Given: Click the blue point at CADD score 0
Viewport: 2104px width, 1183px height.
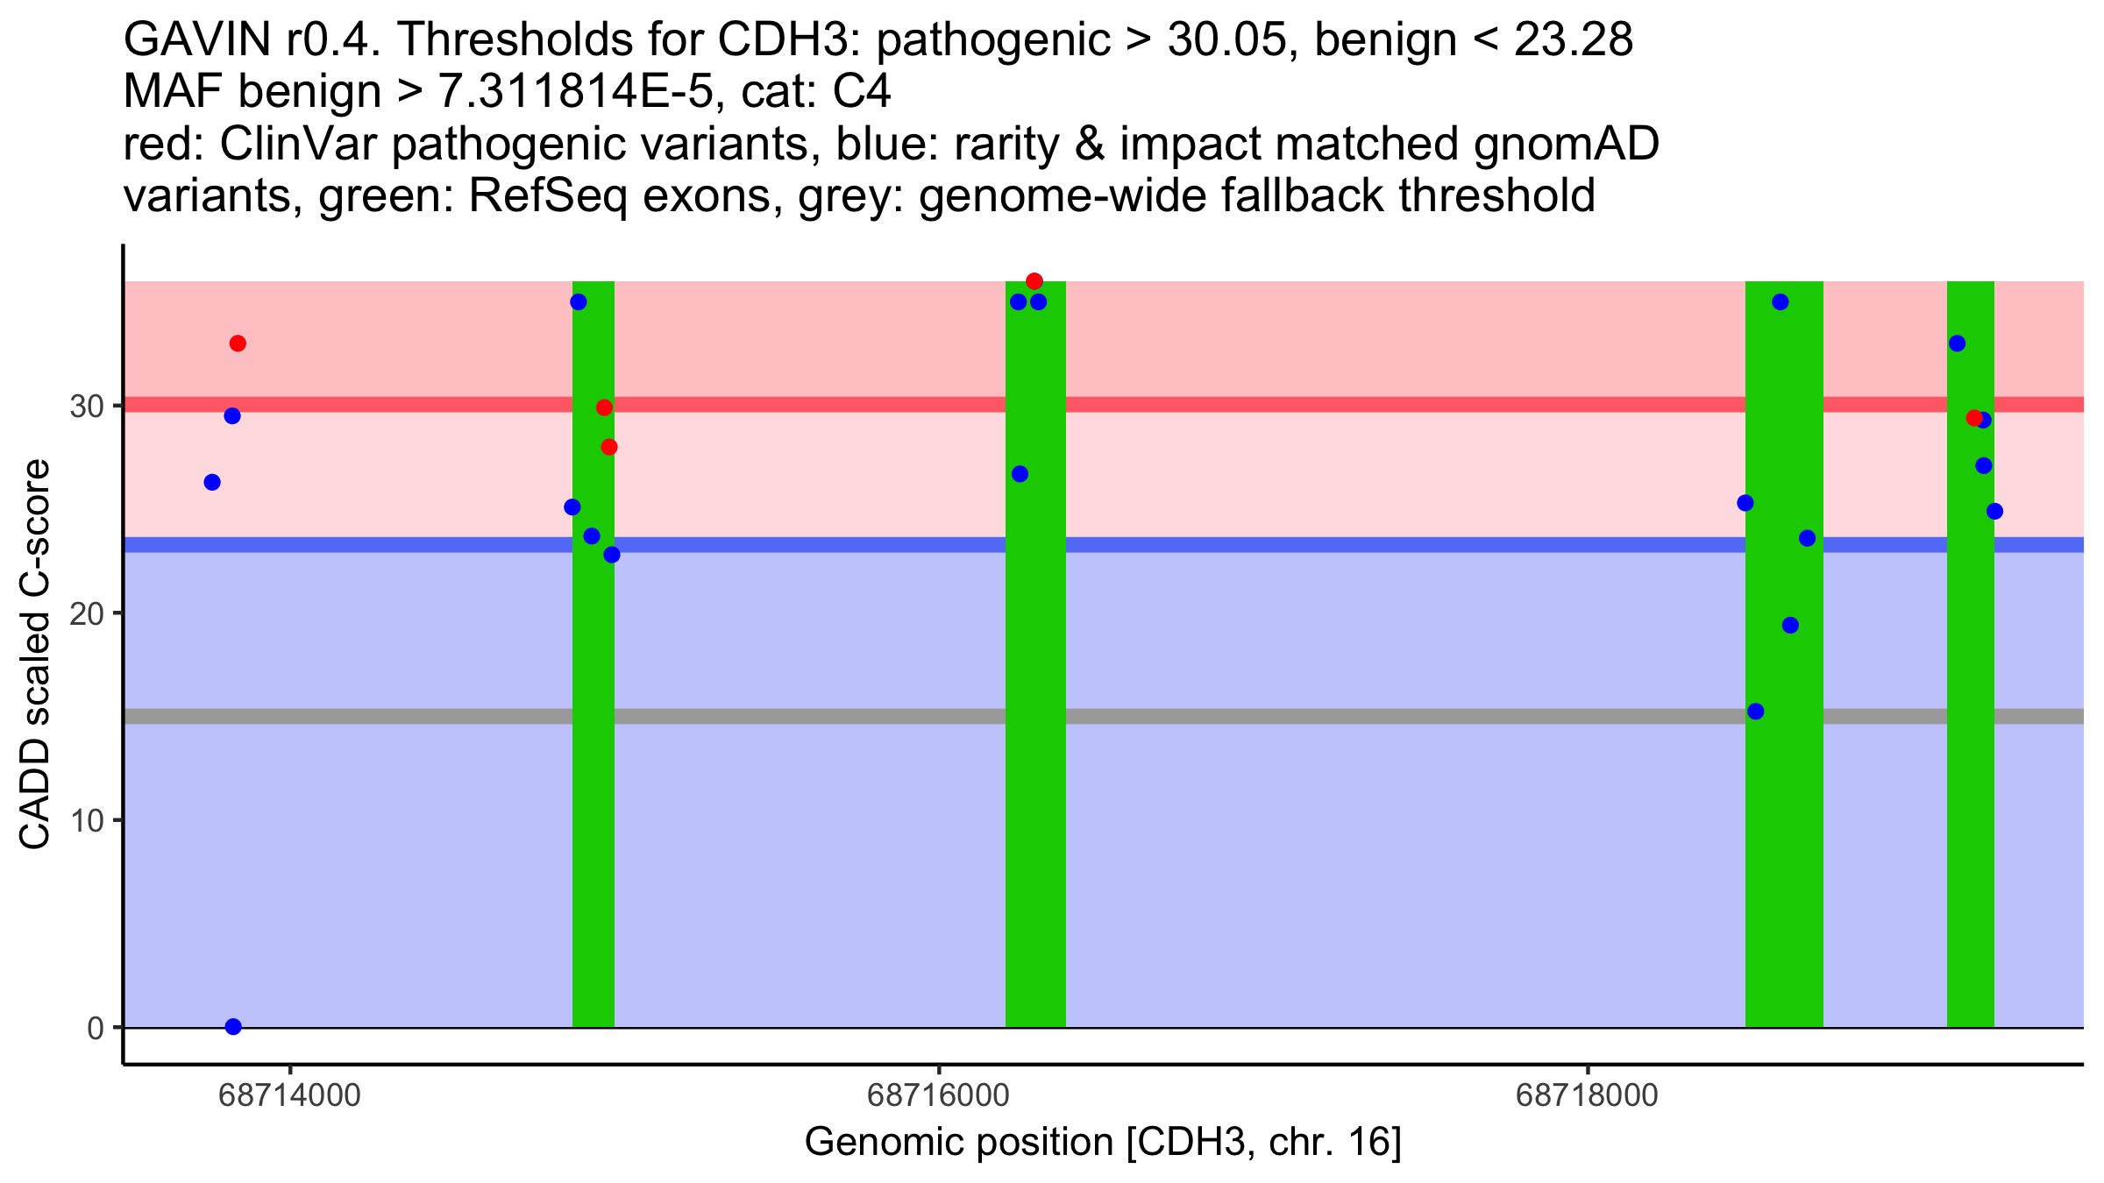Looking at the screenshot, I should tap(233, 1026).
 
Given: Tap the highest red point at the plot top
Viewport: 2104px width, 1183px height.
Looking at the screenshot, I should tap(1034, 281).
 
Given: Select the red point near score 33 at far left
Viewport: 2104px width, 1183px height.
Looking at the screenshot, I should tap(238, 344).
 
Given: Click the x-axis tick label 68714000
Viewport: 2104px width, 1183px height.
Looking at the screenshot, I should tap(289, 1095).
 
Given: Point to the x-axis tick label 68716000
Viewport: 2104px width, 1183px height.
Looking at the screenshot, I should tap(938, 1095).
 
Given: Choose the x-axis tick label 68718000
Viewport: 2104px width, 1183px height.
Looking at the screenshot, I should tap(1587, 1095).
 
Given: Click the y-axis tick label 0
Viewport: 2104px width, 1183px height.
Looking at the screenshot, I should tap(96, 1028).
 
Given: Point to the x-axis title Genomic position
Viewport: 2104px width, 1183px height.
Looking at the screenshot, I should tap(1103, 1142).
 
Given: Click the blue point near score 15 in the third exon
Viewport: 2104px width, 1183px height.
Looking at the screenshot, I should tap(1755, 712).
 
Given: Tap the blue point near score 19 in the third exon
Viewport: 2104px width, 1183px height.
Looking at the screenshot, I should tap(1790, 626).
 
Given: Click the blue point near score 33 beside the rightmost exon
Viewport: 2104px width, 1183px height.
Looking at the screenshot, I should tap(1957, 344).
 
